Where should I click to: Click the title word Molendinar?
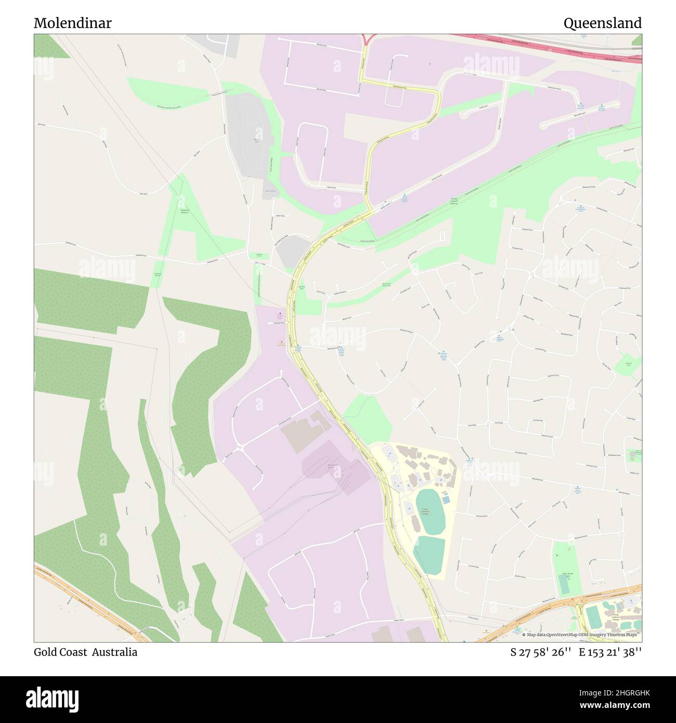72,23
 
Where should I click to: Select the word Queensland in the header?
602,23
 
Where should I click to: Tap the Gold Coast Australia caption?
85,652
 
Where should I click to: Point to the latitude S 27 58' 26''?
541,652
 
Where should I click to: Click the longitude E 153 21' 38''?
610,652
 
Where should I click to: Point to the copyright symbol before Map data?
524,635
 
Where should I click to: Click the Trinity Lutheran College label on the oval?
425,511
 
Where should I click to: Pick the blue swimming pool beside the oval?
446,500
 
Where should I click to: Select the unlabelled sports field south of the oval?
430,556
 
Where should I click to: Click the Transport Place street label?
279,323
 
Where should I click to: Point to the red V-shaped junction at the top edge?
368,38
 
